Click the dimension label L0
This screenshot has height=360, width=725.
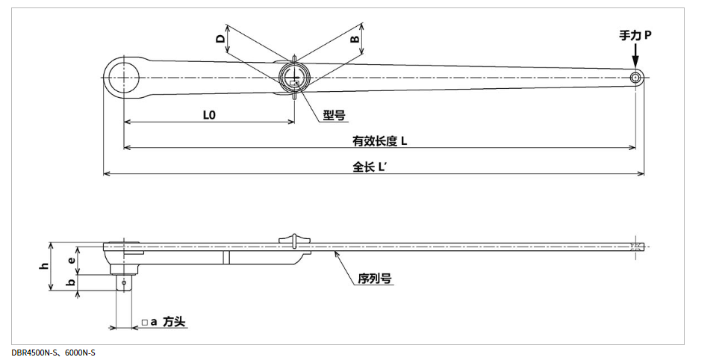pos(209,115)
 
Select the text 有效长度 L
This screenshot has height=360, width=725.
pos(380,140)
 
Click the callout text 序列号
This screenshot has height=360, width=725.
pos(375,279)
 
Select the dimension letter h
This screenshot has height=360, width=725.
pos(45,265)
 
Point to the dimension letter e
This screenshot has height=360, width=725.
pos(72,259)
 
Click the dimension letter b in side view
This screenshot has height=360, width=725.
pos(72,284)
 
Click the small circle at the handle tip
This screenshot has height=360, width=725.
pos(635,78)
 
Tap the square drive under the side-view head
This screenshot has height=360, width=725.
pos(124,282)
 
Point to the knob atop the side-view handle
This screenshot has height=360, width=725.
pos(296,239)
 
